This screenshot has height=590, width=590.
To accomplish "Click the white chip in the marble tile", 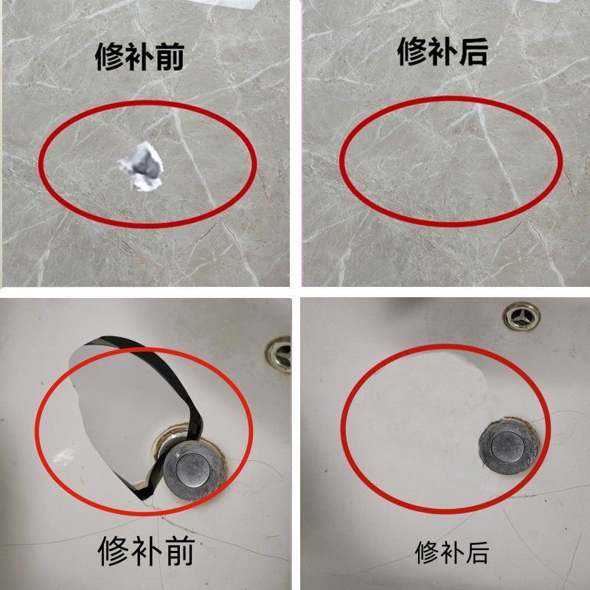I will tap(142, 167).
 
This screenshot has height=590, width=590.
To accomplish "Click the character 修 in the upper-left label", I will tap(111, 57).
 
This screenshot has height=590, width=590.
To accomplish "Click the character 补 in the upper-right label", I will tap(442, 52).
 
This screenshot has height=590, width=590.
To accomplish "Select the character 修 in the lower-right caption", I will tap(427, 551).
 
